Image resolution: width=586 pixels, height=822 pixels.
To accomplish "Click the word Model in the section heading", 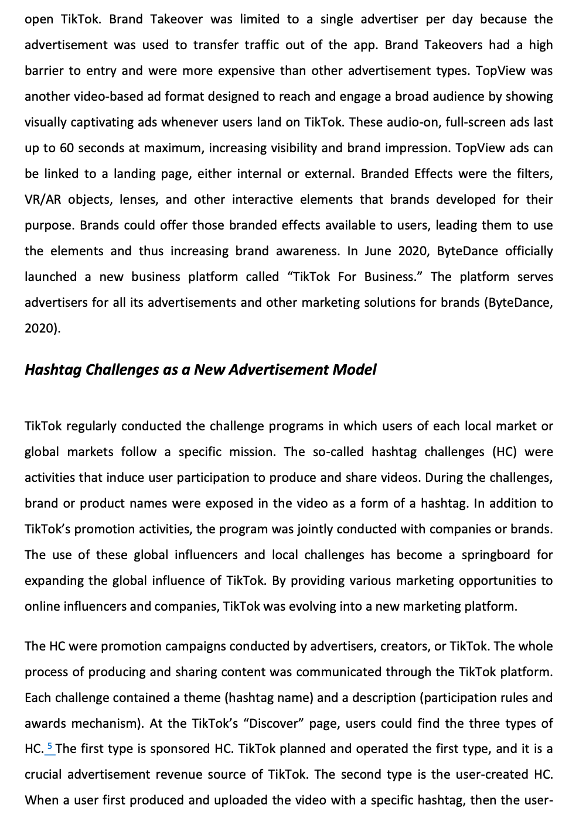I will [x=354, y=370].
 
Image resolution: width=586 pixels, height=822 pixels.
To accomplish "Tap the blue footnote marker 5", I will [x=50, y=747].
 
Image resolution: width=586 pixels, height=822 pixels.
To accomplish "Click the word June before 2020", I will [x=377, y=251].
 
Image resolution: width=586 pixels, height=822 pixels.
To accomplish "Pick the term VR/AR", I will [x=43, y=200].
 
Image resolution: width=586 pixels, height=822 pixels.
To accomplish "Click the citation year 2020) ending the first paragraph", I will [x=42, y=328].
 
